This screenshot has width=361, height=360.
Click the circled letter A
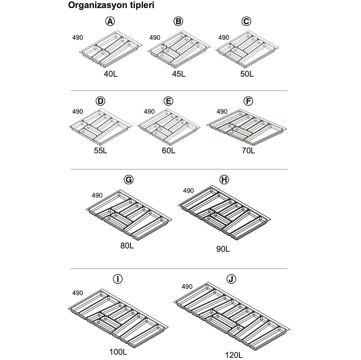[x=110, y=21]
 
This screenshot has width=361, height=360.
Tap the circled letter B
[x=178, y=21]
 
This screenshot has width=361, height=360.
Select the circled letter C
[x=246, y=21]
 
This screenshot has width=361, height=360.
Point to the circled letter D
[x=100, y=101]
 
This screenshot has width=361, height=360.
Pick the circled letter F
[x=248, y=101]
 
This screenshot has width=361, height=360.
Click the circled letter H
[x=224, y=180]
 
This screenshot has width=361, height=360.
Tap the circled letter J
[x=231, y=279]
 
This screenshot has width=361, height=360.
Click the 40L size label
[x=111, y=74]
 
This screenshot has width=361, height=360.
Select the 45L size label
[x=179, y=74]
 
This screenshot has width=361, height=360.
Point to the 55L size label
[x=101, y=151]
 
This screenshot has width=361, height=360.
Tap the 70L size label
[x=248, y=151]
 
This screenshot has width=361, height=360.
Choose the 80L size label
[x=127, y=246]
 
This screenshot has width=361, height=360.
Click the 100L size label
[x=118, y=352]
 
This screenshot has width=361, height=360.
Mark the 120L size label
[x=234, y=355]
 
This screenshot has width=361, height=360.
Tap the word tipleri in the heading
[x=141, y=5]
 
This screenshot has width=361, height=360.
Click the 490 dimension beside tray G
[x=97, y=196]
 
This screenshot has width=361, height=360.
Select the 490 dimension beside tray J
[x=187, y=287]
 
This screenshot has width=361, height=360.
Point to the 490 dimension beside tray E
[x=149, y=112]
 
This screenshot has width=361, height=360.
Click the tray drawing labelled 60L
[x=169, y=127]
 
